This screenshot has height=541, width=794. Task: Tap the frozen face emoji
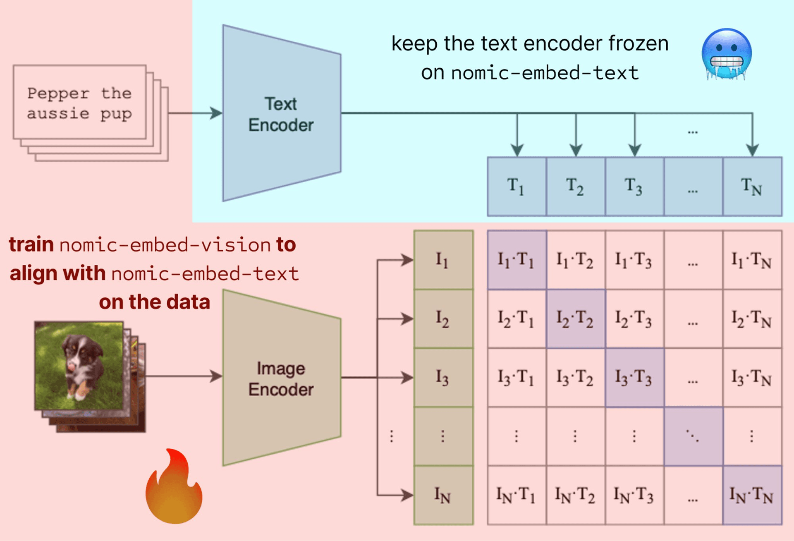(727, 54)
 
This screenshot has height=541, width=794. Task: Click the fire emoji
(174, 488)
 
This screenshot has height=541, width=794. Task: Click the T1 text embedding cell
(517, 187)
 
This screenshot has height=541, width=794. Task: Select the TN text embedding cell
(752, 187)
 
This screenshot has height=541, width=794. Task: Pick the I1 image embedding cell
(443, 260)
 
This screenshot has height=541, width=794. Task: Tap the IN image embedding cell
(443, 495)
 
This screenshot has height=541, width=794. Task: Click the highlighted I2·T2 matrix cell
(575, 319)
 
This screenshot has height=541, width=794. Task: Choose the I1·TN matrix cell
(752, 260)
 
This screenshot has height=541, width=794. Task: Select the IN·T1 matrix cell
(517, 495)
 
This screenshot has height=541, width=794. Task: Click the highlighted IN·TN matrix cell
(752, 495)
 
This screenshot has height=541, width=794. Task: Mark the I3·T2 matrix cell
(575, 378)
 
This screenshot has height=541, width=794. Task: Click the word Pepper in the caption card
(58, 94)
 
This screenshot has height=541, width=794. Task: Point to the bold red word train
(31, 245)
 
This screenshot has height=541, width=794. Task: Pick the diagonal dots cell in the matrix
(693, 436)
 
